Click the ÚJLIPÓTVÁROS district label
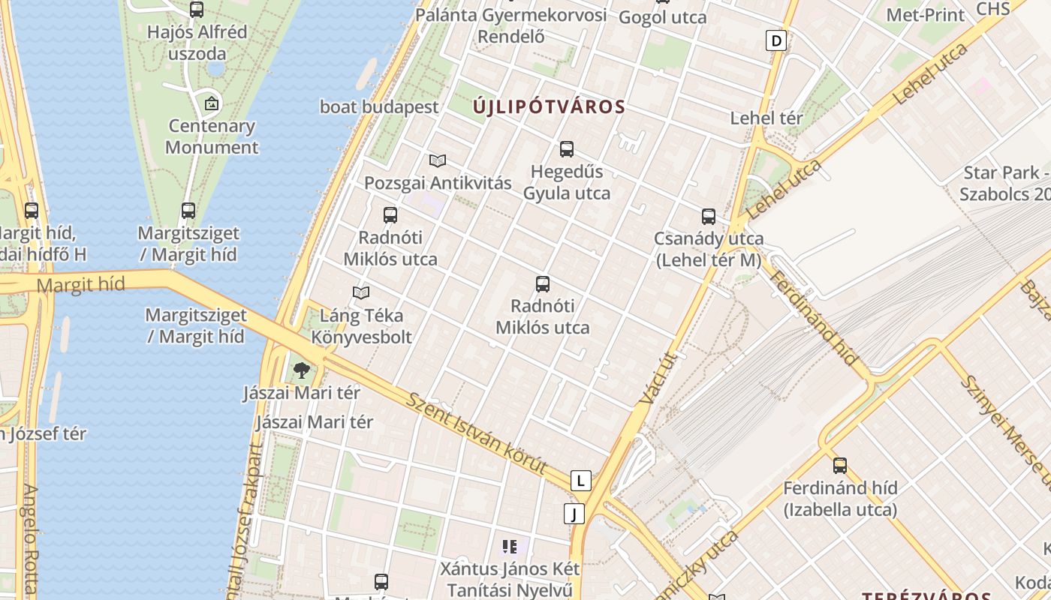click(549, 106)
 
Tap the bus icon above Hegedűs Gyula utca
click(567, 149)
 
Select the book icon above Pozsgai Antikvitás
click(438, 160)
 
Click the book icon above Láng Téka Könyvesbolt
click(361, 292)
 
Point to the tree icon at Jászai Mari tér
click(302, 370)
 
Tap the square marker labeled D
click(776, 40)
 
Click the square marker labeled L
click(580, 481)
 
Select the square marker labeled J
click(574, 514)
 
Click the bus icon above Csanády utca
click(709, 217)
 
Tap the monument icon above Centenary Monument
click(212, 103)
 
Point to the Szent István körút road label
click(477, 432)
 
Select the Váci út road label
click(661, 379)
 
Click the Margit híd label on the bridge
click(80, 285)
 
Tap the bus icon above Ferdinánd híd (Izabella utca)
click(840, 466)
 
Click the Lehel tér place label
click(766, 118)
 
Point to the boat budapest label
click(379, 106)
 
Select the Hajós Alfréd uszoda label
click(197, 43)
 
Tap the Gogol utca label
click(662, 16)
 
